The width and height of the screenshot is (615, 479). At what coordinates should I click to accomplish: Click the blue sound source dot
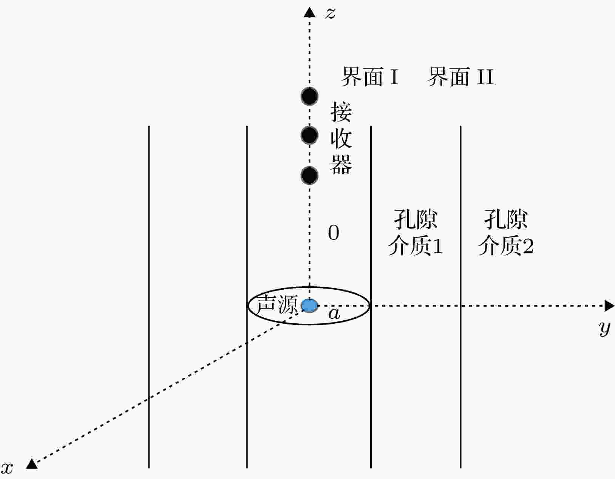[x=309, y=306]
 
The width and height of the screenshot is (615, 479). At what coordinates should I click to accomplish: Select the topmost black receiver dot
[x=309, y=96]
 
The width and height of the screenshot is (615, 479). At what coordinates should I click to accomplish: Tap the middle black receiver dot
[x=309, y=135]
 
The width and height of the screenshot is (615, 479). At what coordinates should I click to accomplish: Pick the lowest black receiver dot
[x=309, y=175]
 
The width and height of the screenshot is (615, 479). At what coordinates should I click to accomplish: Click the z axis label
[x=330, y=13]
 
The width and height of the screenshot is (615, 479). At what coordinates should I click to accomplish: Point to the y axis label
[x=604, y=329]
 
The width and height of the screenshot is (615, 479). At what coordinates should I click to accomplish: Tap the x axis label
[x=7, y=468]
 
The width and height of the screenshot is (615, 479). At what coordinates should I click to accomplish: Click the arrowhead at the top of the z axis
[x=309, y=12]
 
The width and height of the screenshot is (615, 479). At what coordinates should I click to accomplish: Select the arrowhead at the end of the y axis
[x=609, y=306]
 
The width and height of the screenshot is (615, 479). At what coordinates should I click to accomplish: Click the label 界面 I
[x=370, y=76]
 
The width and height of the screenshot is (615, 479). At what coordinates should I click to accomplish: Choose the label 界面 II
[x=461, y=76]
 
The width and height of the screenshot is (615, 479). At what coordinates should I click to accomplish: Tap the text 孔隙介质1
[x=416, y=233]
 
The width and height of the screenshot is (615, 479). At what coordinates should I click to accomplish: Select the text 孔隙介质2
[x=506, y=233]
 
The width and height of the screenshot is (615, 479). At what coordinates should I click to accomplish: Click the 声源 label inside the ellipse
[x=277, y=304]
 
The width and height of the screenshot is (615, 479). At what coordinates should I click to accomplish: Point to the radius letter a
[x=334, y=314]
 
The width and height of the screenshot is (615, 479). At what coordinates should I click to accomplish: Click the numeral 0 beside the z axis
[x=334, y=233]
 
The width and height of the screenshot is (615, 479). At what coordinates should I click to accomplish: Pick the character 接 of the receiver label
[x=341, y=112]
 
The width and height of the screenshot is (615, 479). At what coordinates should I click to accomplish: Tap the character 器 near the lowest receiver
[x=341, y=164]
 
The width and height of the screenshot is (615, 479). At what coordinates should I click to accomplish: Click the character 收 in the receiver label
[x=341, y=138]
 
